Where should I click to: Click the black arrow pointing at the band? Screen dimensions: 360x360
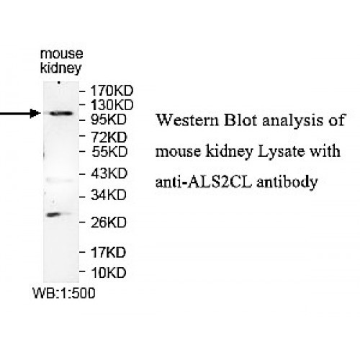coord(18,113)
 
